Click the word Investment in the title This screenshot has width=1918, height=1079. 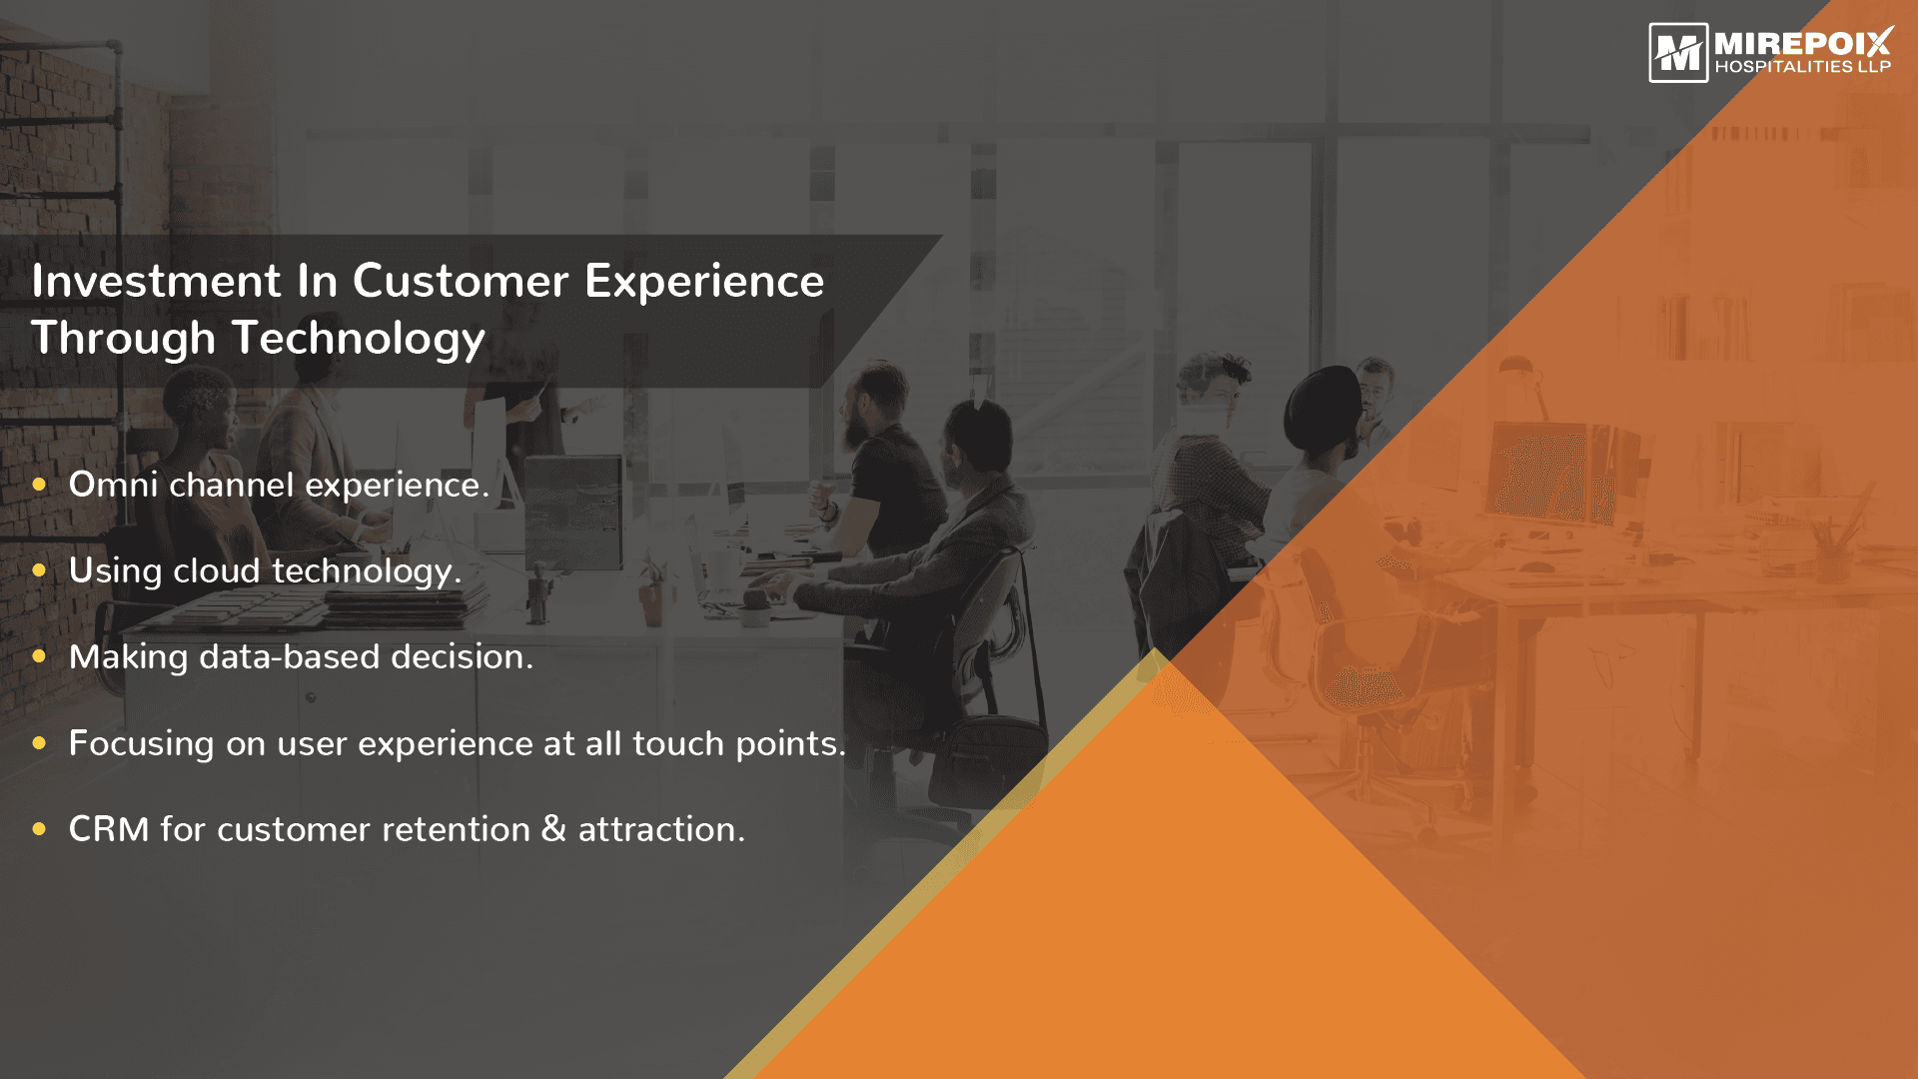click(x=157, y=281)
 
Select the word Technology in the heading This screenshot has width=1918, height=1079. click(x=359, y=339)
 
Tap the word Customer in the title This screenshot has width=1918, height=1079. click(x=461, y=281)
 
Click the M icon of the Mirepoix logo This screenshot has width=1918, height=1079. click(x=1678, y=53)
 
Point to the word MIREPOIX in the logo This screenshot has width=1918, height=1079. click(x=1803, y=43)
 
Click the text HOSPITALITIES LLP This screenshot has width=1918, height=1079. click(x=1803, y=67)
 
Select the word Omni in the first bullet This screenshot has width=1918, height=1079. click(x=113, y=485)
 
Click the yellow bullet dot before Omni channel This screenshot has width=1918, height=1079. click(x=40, y=485)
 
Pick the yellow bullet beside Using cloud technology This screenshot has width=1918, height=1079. click(x=40, y=570)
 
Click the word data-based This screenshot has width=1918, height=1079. click(x=290, y=656)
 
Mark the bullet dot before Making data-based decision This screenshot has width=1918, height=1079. click(x=40, y=656)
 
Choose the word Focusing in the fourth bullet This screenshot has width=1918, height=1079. click(x=141, y=744)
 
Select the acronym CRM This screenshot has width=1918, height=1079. click(x=109, y=829)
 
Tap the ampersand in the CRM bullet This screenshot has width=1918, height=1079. click(x=553, y=829)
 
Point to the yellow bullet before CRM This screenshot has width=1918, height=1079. click(x=40, y=829)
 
